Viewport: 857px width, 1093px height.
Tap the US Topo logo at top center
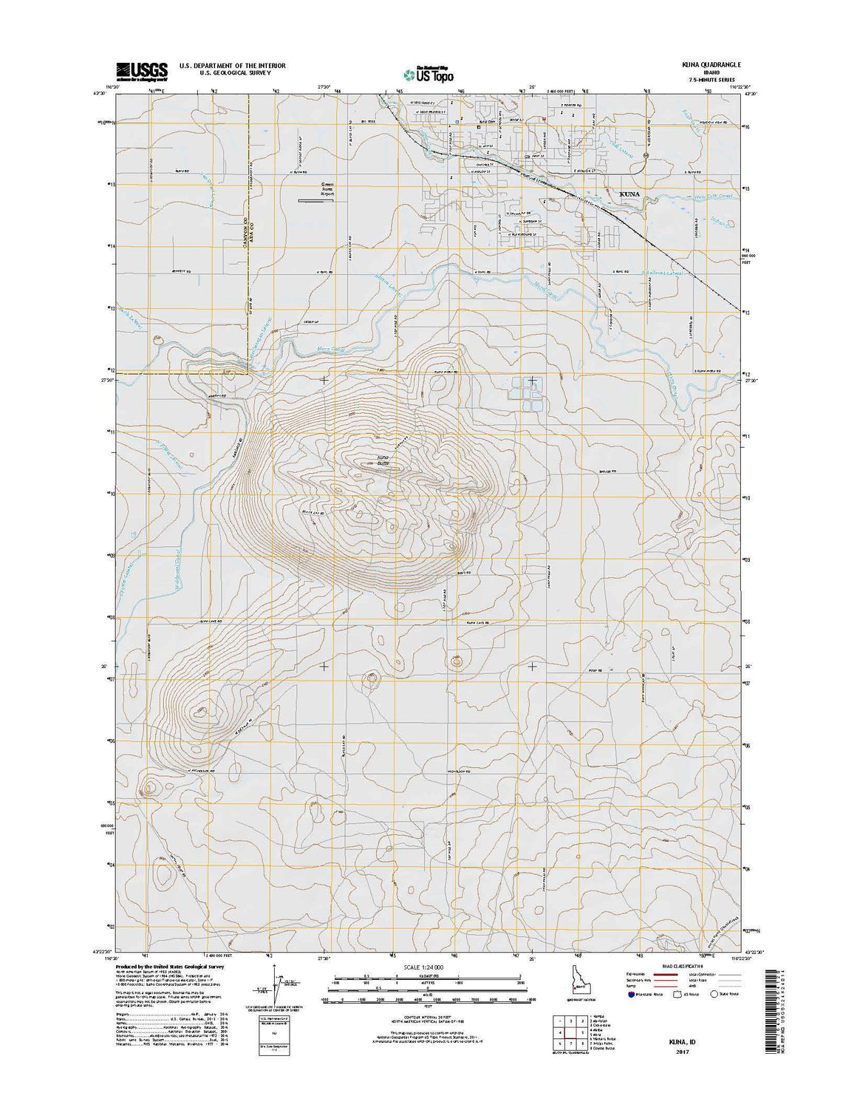428,73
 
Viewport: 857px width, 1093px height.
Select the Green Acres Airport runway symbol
315,200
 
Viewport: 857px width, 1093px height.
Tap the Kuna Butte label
382,461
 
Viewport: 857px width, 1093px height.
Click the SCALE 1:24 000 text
428,966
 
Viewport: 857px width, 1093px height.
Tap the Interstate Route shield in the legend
630,994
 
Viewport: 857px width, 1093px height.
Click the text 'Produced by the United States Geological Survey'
170,966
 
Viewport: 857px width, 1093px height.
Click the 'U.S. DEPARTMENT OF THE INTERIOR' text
232,66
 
